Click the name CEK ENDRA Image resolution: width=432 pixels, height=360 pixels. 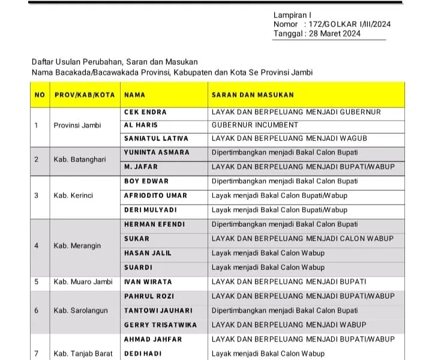(x=145, y=112)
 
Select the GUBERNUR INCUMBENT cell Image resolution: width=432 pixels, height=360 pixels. (x=255, y=125)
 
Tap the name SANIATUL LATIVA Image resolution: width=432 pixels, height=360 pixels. (x=152, y=139)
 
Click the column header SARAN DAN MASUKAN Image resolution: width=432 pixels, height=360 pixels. (x=253, y=95)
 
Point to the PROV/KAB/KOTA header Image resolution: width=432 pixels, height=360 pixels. (x=84, y=95)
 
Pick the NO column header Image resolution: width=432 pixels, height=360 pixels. (x=40, y=95)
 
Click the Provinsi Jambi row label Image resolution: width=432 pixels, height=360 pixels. (x=77, y=125)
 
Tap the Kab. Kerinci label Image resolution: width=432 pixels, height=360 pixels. (x=74, y=196)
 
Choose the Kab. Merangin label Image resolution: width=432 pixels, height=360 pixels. (x=77, y=246)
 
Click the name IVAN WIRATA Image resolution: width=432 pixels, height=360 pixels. (x=148, y=281)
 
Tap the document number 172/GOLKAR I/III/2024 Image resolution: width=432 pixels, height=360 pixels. (x=349, y=24)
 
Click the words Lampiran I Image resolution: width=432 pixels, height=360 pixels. (x=292, y=14)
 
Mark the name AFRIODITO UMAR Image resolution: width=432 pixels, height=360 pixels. (x=155, y=196)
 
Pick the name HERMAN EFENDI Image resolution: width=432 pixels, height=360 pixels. (x=154, y=224)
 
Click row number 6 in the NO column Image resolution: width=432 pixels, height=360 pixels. (x=37, y=310)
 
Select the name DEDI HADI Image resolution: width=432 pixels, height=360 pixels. (x=143, y=354)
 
